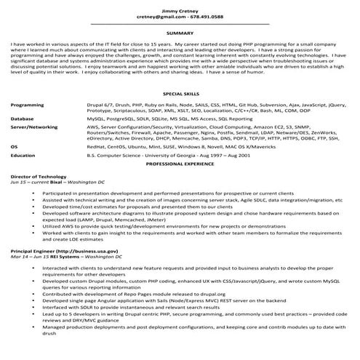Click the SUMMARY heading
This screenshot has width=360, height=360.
click(x=180, y=33)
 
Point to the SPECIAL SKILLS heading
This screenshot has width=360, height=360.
click(x=180, y=95)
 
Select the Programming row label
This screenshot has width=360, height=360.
click(x=28, y=105)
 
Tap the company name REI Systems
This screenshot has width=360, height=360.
click(x=62, y=257)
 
